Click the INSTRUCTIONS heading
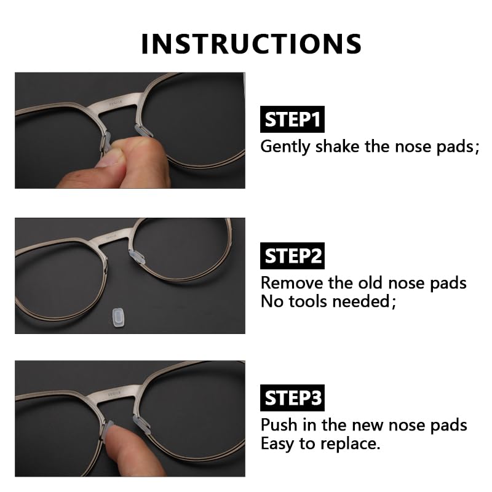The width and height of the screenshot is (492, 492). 251,44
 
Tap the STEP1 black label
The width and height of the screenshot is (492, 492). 293,120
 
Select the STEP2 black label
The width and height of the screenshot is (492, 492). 293,256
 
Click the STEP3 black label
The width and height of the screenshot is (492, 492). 293,398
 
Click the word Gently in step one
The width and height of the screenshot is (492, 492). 285,147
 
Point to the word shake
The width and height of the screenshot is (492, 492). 336,146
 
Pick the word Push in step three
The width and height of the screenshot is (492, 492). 277,425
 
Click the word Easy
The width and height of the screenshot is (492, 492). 277,444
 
